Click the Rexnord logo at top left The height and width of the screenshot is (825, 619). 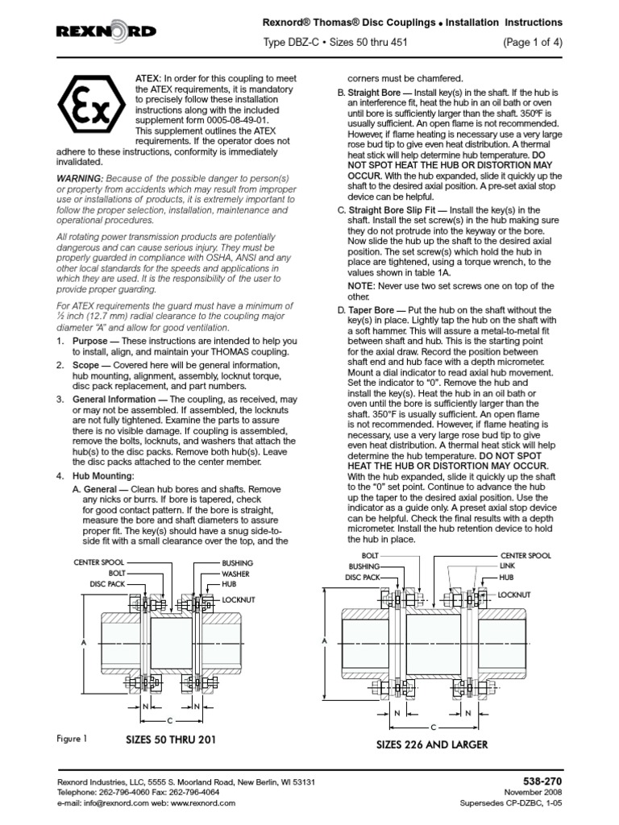[x=106, y=31]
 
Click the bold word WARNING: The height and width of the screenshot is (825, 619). [x=79, y=178]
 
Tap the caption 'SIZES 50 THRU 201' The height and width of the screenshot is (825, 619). [x=171, y=738]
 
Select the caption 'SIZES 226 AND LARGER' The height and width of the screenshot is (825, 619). [x=432, y=744]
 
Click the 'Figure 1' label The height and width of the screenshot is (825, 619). [x=72, y=738]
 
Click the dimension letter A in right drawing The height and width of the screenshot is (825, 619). [x=325, y=641]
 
